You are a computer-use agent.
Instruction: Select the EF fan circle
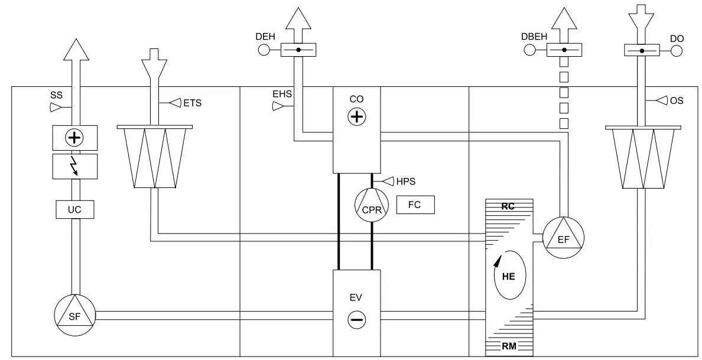coord(563,238)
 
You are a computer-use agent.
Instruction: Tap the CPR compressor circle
coord(370,206)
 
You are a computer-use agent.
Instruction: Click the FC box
coord(415,205)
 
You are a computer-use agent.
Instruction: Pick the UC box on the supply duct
coord(74,209)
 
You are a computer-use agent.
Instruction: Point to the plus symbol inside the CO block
coord(356,116)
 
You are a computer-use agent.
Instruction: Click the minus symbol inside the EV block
coord(356,320)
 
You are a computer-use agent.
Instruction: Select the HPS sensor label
coord(406,181)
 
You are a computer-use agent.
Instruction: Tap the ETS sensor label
coord(193,103)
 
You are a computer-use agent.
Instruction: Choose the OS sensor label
coord(677,101)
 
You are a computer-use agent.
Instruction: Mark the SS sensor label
coord(56,94)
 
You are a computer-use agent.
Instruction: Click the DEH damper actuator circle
coord(264,50)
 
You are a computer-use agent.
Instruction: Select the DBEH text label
coord(533,37)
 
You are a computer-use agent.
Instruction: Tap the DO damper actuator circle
coord(677,51)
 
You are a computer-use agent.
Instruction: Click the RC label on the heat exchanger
coord(508,207)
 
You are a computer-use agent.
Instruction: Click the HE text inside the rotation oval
coord(508,276)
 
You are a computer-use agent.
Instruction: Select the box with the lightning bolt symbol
coord(74,167)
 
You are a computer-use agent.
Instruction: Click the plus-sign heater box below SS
coord(74,138)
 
